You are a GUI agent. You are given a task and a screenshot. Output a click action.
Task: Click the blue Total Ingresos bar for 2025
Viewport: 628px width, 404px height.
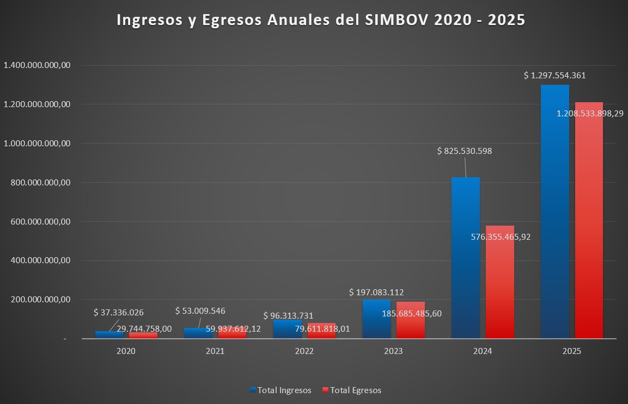(x=554, y=217)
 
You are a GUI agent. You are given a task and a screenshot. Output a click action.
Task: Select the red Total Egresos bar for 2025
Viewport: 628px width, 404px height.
(x=589, y=228)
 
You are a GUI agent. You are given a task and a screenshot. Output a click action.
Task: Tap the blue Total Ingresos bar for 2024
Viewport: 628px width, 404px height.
(x=466, y=261)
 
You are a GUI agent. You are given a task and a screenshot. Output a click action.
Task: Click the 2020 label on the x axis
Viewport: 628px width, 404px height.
(x=126, y=351)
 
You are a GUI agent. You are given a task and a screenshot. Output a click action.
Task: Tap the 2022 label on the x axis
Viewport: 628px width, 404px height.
(x=304, y=351)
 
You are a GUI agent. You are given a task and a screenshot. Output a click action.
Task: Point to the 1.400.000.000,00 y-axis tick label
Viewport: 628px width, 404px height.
(x=38, y=65)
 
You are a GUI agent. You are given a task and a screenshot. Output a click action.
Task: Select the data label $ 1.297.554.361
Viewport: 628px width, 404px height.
(x=554, y=76)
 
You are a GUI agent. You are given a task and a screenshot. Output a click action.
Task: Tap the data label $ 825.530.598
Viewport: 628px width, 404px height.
(x=465, y=151)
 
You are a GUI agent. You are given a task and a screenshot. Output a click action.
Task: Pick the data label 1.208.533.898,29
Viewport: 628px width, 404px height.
(x=590, y=114)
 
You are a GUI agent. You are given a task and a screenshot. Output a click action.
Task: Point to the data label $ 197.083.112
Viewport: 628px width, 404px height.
(x=376, y=293)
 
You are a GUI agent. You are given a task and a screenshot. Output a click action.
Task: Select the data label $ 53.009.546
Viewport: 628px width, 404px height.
(x=200, y=311)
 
